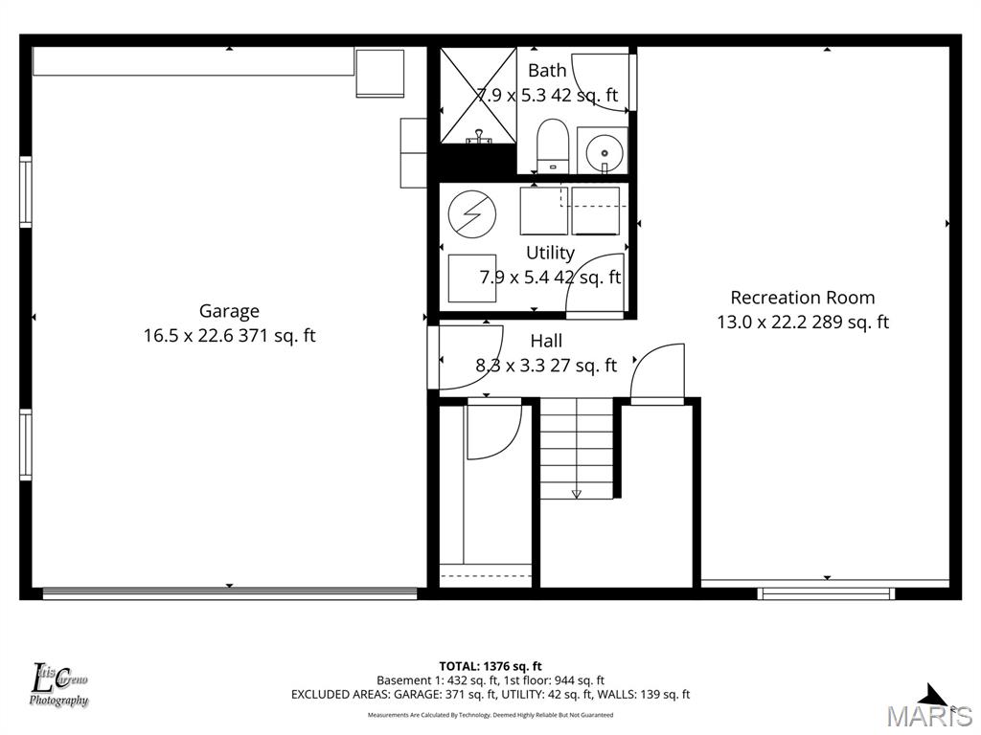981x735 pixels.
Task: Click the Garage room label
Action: (x=229, y=311)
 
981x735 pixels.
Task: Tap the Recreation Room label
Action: (x=803, y=298)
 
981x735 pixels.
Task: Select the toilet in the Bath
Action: (x=553, y=145)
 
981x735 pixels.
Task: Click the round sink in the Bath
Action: (x=603, y=150)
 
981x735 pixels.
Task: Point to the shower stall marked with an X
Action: (x=478, y=95)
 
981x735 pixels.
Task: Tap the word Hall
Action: (x=546, y=341)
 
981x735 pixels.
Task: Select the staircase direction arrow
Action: (x=576, y=493)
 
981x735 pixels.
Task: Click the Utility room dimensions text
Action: (x=550, y=278)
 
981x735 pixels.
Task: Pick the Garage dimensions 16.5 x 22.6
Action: (x=229, y=336)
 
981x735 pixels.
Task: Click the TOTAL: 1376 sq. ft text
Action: (x=490, y=666)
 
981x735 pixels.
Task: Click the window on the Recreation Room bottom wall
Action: (x=826, y=593)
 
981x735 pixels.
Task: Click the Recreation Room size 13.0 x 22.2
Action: (x=803, y=323)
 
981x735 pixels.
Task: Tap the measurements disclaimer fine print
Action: (x=490, y=715)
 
